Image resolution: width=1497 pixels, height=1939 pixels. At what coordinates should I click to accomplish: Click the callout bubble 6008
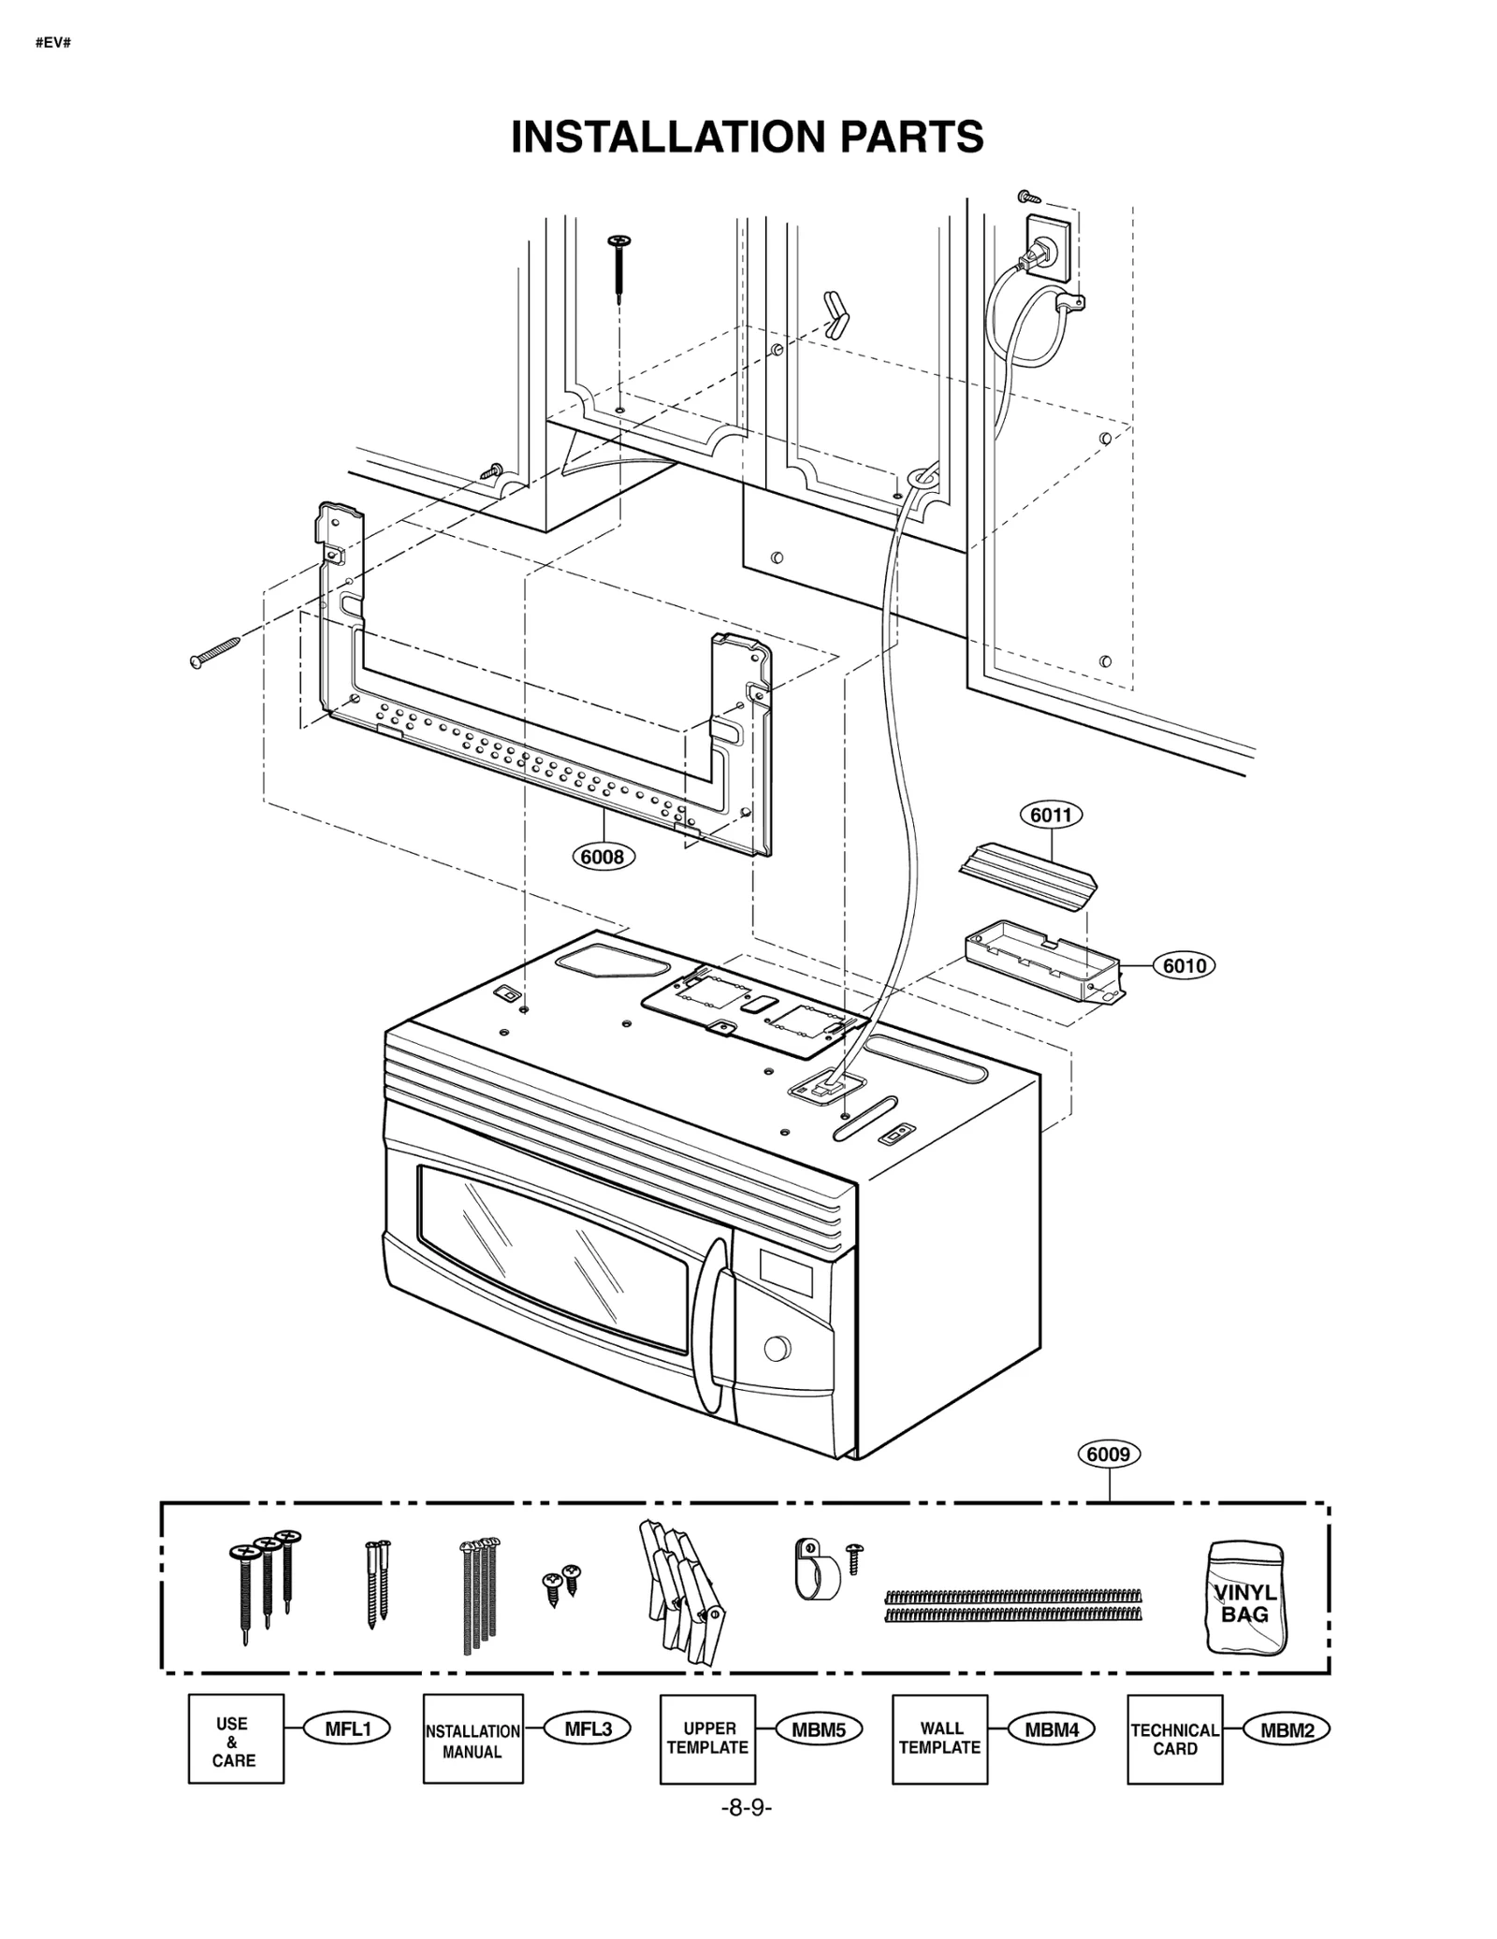coord(603,856)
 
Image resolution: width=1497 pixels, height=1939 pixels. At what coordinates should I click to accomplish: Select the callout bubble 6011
coord(1050,815)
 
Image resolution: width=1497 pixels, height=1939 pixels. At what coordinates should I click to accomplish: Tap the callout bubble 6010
coord(1184,965)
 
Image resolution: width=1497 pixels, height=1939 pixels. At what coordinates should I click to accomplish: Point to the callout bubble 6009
coord(1109,1454)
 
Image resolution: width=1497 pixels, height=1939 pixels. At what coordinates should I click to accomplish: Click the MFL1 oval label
coord(347,1729)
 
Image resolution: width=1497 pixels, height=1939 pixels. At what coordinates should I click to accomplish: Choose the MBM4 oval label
coord(1051,1729)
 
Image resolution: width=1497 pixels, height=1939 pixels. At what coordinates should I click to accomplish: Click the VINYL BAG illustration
coord(1245,1599)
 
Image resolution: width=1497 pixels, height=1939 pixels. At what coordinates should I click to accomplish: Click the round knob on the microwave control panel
coord(777,1349)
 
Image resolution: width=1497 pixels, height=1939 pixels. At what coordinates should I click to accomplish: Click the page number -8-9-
coord(746,1809)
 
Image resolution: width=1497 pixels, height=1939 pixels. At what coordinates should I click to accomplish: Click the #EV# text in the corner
coord(53,44)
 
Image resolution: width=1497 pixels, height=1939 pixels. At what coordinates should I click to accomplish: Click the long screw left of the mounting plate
coord(215,652)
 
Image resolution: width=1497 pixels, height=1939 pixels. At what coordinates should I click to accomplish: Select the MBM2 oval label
coord(1286,1729)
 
